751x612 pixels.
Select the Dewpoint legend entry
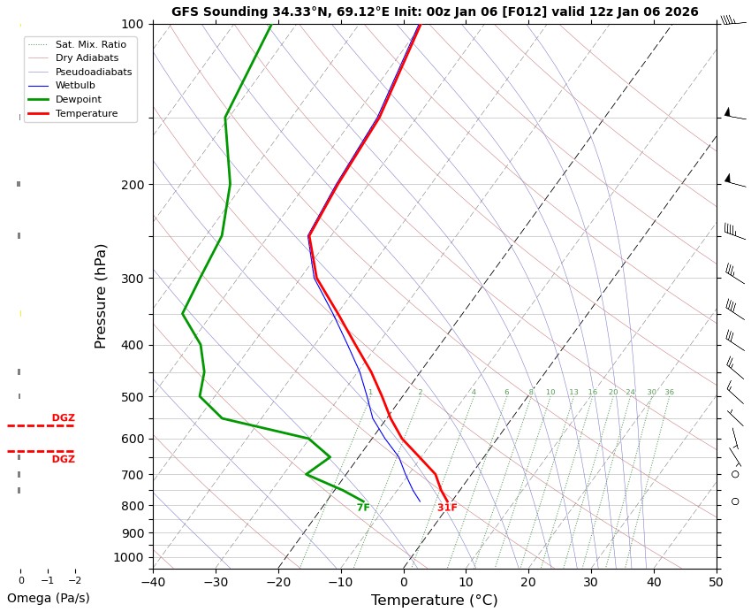click(x=75, y=100)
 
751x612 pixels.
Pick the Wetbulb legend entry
click(x=75, y=86)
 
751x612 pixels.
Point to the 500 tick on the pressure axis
click(x=132, y=397)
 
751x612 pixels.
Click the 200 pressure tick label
click(x=132, y=185)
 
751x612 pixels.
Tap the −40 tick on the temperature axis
click(x=153, y=582)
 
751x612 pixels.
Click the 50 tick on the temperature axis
click(x=716, y=582)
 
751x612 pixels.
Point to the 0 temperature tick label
click(x=403, y=582)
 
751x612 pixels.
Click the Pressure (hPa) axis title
click(x=101, y=295)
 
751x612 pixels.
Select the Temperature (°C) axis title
click(x=434, y=601)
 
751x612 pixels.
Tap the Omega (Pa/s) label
click(x=48, y=598)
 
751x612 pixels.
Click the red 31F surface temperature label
click(x=447, y=508)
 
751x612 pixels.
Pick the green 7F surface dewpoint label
click(x=363, y=508)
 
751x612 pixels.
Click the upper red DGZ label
click(x=63, y=417)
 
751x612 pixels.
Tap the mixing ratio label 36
click(x=669, y=393)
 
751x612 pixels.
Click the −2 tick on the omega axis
click(x=75, y=581)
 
